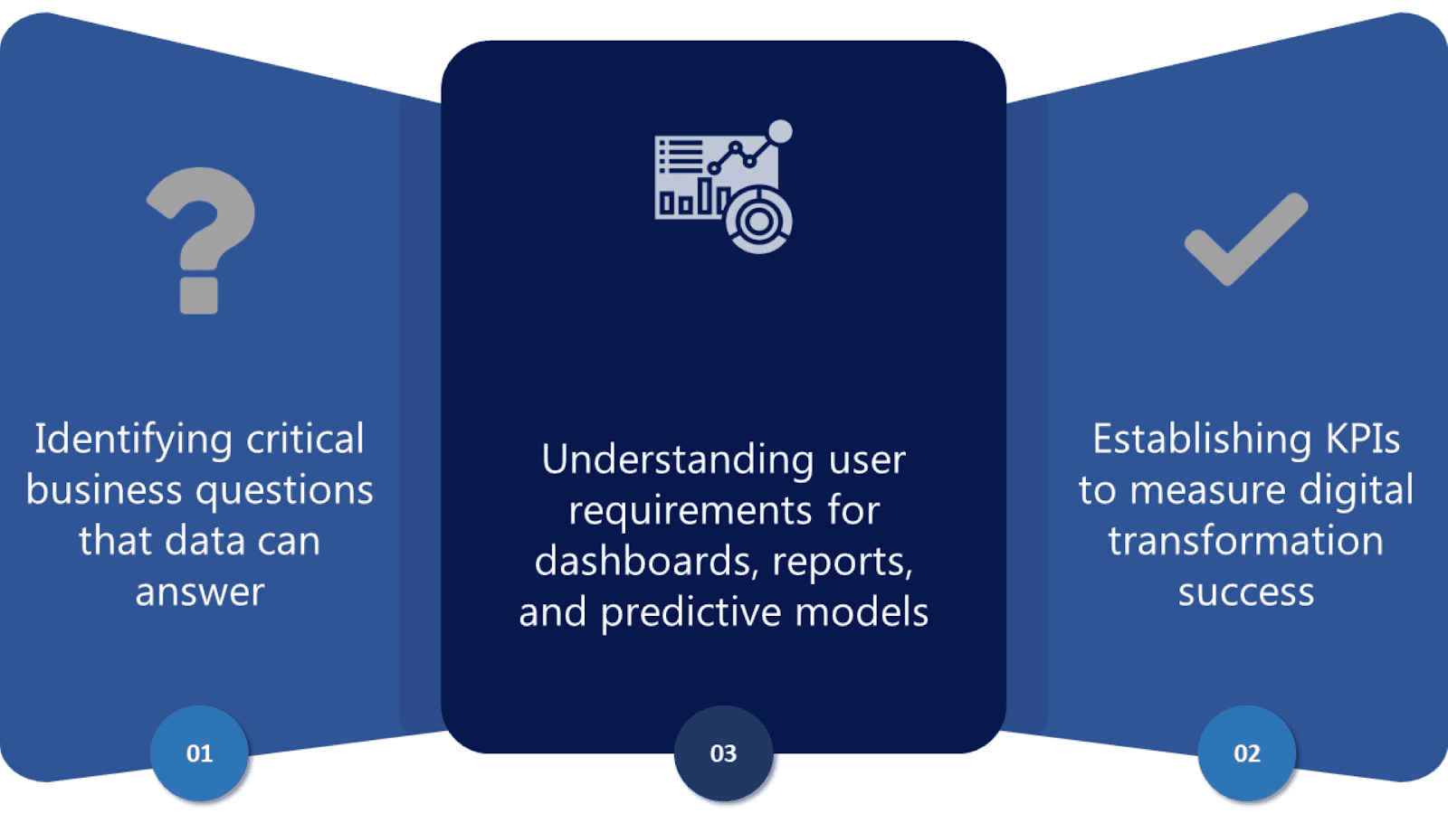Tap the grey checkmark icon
pyautogui.click(x=1245, y=240)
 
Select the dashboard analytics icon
pyautogui.click(x=723, y=186)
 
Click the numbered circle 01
pyautogui.click(x=199, y=753)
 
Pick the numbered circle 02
pyautogui.click(x=1246, y=753)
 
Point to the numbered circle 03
pyautogui.click(x=723, y=753)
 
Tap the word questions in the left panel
pyautogui.click(x=284, y=491)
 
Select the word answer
pyautogui.click(x=200, y=592)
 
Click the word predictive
pyautogui.click(x=679, y=613)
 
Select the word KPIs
pyautogui.click(x=1363, y=440)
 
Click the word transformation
pyautogui.click(x=1245, y=542)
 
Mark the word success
pyautogui.click(x=1245, y=592)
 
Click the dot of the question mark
pyautogui.click(x=199, y=295)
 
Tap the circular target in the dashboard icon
pyautogui.click(x=758, y=220)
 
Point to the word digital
pyautogui.click(x=1356, y=491)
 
